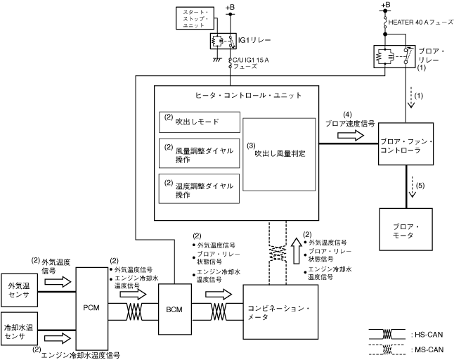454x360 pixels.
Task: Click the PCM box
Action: (91, 309)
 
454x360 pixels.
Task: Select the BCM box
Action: (174, 309)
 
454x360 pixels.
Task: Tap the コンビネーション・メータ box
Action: (280, 312)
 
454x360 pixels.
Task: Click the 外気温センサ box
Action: (20, 290)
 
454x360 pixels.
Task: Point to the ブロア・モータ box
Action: (406, 229)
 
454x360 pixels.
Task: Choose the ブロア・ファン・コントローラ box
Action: (406, 144)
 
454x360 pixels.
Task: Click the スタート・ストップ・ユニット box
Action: (195, 18)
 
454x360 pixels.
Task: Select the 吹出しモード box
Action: (200, 122)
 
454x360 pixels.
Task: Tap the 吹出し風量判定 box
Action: (279, 155)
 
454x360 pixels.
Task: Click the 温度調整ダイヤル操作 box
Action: (199, 189)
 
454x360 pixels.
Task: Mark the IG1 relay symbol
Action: (223, 41)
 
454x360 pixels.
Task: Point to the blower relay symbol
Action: (394, 56)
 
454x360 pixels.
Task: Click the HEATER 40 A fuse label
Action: (421, 22)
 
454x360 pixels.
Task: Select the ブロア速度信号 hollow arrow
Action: (351, 135)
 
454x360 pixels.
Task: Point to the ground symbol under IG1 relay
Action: (216, 59)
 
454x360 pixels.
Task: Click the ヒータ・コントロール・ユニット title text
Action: (248, 96)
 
